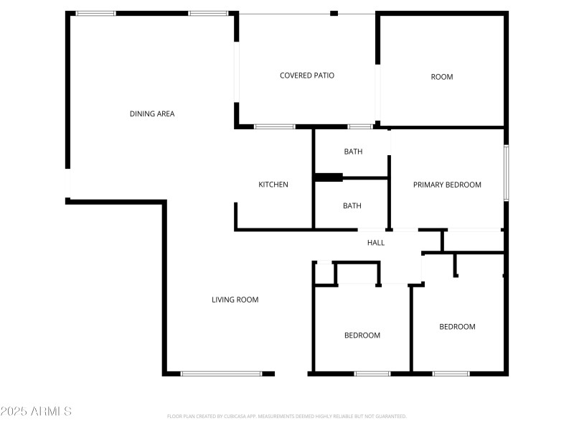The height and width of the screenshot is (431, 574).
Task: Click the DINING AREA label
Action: tap(152, 113)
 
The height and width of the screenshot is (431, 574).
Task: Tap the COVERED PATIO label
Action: tap(307, 75)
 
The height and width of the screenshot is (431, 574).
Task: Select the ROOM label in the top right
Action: tap(442, 77)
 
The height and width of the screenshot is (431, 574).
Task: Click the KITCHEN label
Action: tap(273, 185)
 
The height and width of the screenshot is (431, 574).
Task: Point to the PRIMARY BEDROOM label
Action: tap(447, 185)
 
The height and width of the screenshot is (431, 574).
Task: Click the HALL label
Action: tap(376, 243)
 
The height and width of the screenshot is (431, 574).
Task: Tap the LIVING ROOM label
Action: tap(235, 300)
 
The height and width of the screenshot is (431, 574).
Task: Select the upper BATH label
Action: tap(353, 152)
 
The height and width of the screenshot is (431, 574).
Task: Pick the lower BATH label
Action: tap(352, 205)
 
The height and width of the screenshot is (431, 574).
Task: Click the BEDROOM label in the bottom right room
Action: tap(457, 327)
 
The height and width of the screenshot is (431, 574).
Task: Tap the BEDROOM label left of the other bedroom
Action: tap(362, 335)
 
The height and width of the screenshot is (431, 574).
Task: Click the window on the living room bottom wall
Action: tap(221, 374)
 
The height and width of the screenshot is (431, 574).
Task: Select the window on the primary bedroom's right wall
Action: tap(506, 173)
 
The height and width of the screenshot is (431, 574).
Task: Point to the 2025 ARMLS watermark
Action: tap(36, 412)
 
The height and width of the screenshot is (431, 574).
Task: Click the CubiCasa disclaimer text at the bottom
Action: tap(287, 416)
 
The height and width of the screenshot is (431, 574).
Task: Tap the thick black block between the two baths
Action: tap(329, 177)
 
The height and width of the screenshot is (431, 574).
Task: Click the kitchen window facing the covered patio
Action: tap(275, 127)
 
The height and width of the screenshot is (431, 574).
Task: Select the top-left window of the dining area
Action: tap(95, 13)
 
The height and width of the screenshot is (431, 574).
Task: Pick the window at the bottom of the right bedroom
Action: tap(451, 374)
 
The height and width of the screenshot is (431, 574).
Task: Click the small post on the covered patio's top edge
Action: tap(334, 13)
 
